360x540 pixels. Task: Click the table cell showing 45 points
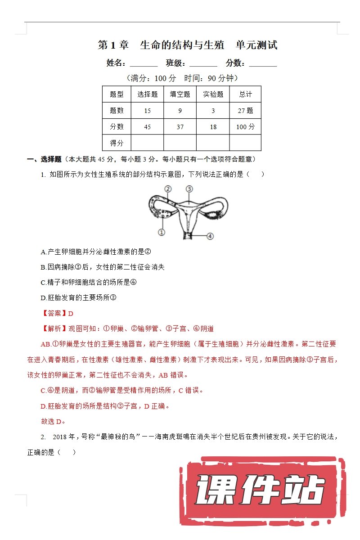pyautogui.click(x=147, y=127)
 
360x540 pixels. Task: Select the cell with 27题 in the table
pyautogui.click(x=245, y=111)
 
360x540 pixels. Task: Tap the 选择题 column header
pyautogui.click(x=147, y=94)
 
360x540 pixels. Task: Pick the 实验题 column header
pyautogui.click(x=213, y=94)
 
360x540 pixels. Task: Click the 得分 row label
pyautogui.click(x=117, y=143)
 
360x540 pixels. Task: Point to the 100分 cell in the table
pyautogui.click(x=245, y=127)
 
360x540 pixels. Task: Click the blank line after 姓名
pyautogui.click(x=144, y=63)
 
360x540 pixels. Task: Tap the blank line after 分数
pyautogui.click(x=263, y=63)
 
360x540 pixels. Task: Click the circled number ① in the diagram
pyautogui.click(x=162, y=232)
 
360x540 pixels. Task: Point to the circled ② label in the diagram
pyautogui.click(x=167, y=189)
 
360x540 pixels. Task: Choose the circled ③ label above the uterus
pyautogui.click(x=189, y=189)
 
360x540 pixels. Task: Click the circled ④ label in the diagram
pyautogui.click(x=210, y=236)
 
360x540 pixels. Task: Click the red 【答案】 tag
pyautogui.click(x=54, y=313)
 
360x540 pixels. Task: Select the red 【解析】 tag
pyautogui.click(x=54, y=329)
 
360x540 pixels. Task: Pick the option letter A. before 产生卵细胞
pyautogui.click(x=44, y=252)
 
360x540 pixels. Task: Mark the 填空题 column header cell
pyautogui.click(x=180, y=94)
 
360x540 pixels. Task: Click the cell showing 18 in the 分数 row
pyautogui.click(x=213, y=127)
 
